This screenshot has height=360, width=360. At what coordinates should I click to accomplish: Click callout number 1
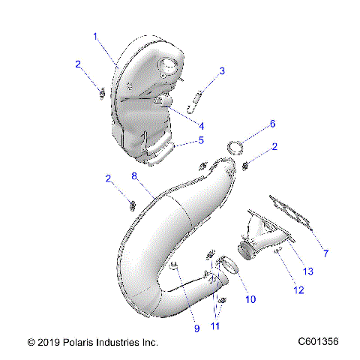coord(95,35)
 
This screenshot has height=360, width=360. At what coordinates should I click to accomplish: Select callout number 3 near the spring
coord(222,71)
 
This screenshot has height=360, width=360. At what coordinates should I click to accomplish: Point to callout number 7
coord(325,253)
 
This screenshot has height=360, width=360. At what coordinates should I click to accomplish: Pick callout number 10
coord(250,299)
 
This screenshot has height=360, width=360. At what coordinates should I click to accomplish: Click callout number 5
coord(200,139)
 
